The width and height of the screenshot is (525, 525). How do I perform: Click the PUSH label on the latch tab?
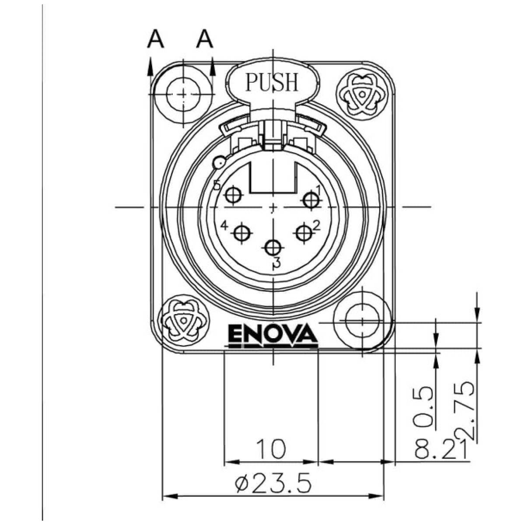(272, 82)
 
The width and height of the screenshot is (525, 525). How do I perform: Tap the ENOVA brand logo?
(273, 336)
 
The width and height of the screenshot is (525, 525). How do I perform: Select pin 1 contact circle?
(311, 199)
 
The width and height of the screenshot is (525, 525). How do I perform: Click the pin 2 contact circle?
(304, 233)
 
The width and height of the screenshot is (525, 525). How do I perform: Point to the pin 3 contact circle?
(273, 248)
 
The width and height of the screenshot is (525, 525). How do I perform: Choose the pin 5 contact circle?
(233, 196)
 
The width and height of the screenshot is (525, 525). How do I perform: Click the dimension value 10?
(271, 449)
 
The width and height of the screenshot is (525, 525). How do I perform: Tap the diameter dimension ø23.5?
(273, 484)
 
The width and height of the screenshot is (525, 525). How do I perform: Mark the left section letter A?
(155, 39)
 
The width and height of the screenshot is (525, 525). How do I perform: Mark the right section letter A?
(204, 39)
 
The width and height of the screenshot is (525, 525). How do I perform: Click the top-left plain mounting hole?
(183, 94)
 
